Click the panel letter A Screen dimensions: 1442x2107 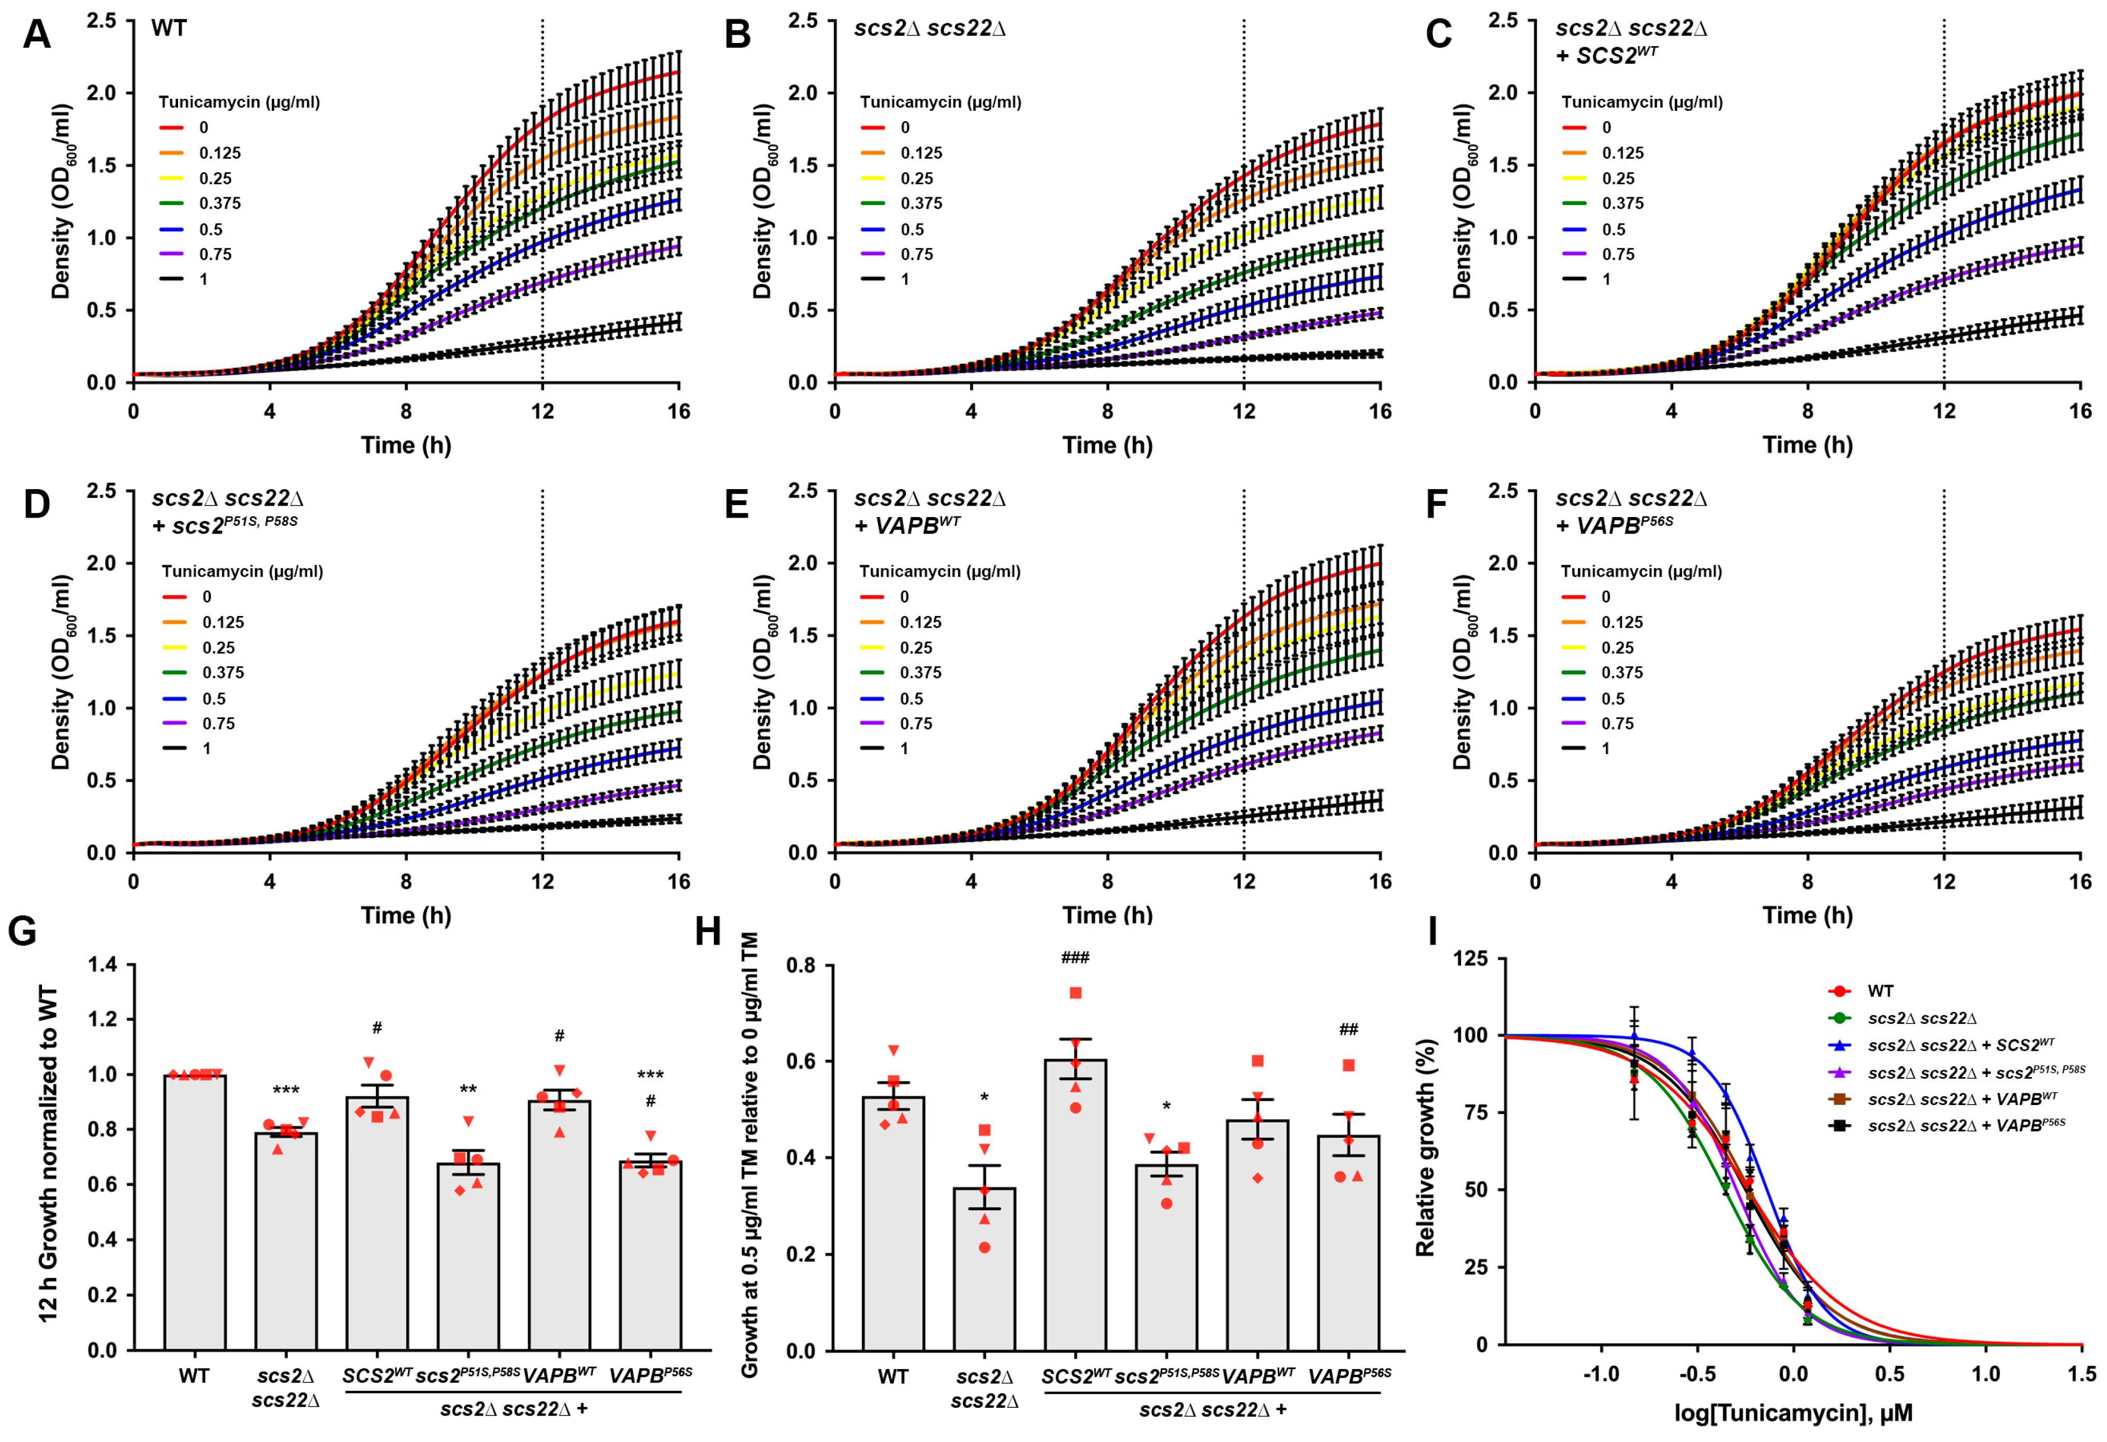pos(36,35)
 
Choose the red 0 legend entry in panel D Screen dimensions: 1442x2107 pos(206,596)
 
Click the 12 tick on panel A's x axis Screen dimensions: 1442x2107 pos(542,411)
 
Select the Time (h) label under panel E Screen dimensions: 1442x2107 pos(1107,916)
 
